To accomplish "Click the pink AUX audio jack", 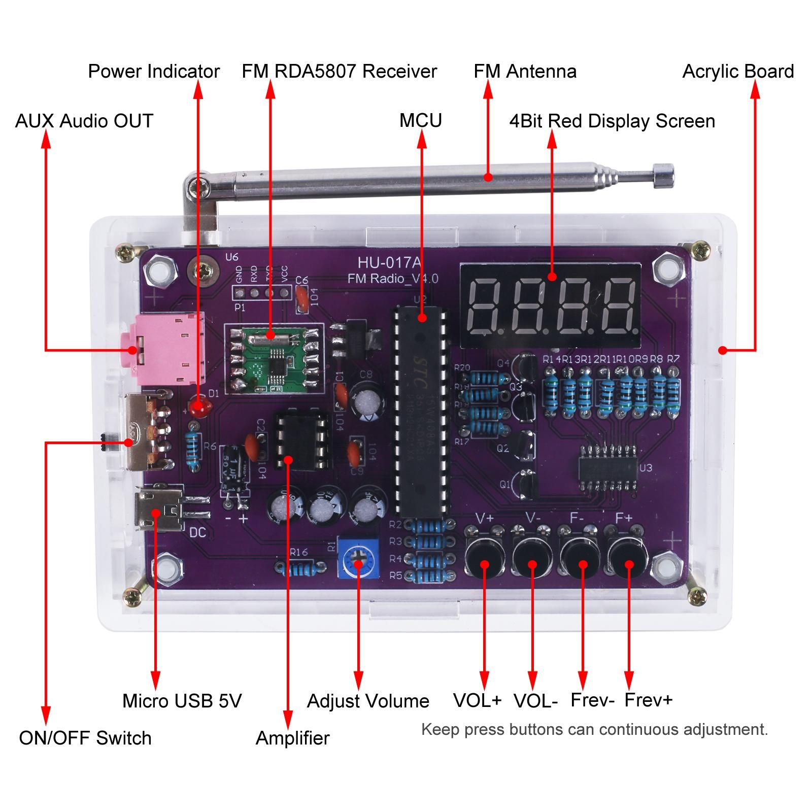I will [167, 350].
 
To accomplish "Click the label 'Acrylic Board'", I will [738, 72].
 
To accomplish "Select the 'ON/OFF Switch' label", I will [85, 738].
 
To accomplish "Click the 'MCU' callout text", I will [420, 121].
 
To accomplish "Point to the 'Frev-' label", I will [592, 700].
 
